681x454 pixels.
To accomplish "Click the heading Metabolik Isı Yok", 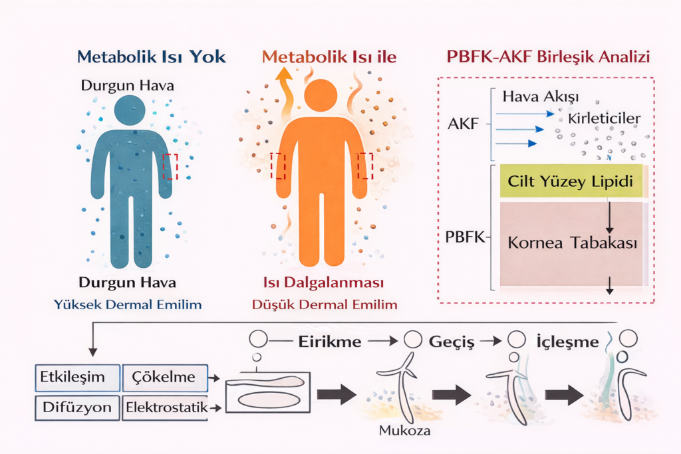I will pos(152,57).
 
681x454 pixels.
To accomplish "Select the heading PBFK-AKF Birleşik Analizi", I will pos(547,57).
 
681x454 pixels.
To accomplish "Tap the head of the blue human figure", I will pos(130,110).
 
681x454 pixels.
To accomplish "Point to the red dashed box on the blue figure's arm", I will pos(171,166).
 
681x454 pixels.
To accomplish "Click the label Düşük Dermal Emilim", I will pos(325,305).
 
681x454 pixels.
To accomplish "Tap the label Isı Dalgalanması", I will pos(325,283).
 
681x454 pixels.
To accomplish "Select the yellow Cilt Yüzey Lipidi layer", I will pos(569,181).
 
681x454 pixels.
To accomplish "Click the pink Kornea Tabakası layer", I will pos(572,243).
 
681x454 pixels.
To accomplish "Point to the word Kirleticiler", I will pos(604,118).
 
